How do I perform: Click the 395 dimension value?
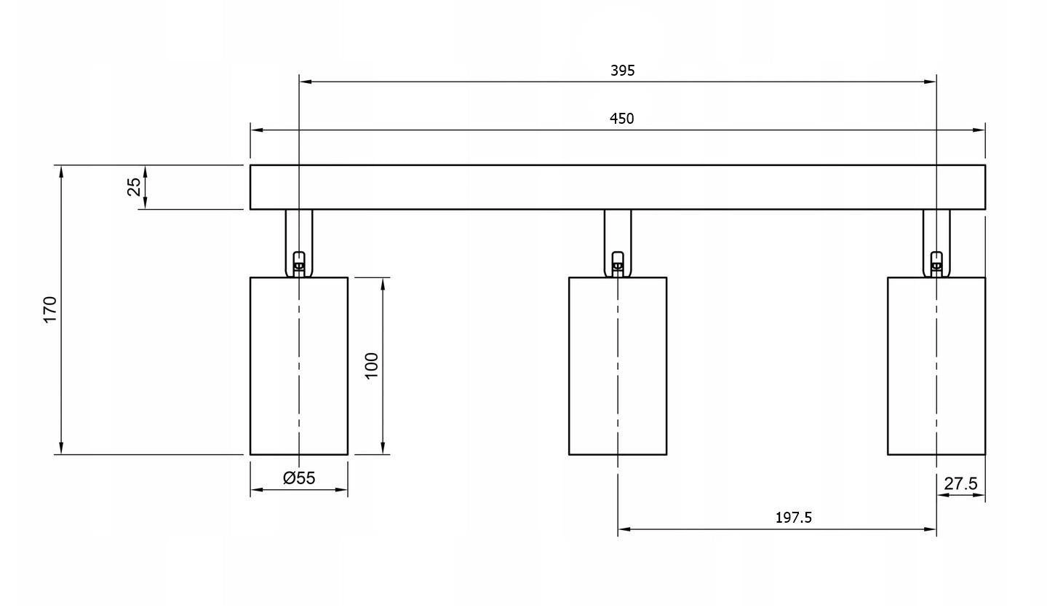tap(622, 71)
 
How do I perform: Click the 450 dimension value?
tap(622, 119)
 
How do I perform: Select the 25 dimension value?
tap(134, 187)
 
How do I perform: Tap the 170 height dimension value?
tap(49, 309)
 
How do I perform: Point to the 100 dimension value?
tap(371, 365)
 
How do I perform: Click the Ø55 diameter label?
tap(299, 478)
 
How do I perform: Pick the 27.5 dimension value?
tap(960, 483)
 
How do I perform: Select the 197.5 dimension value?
tap(793, 518)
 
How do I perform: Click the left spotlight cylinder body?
tap(299, 365)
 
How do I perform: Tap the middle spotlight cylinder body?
tap(617, 365)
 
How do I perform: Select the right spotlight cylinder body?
tap(936, 365)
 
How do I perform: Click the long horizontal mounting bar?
tap(617, 187)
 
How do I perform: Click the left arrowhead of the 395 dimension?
tap(304, 82)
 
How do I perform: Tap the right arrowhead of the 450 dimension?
tap(980, 130)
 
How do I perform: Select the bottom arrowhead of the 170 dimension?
tap(62, 449)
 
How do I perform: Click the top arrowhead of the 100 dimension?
tap(383, 282)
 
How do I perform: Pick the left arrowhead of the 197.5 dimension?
tap(623, 529)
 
